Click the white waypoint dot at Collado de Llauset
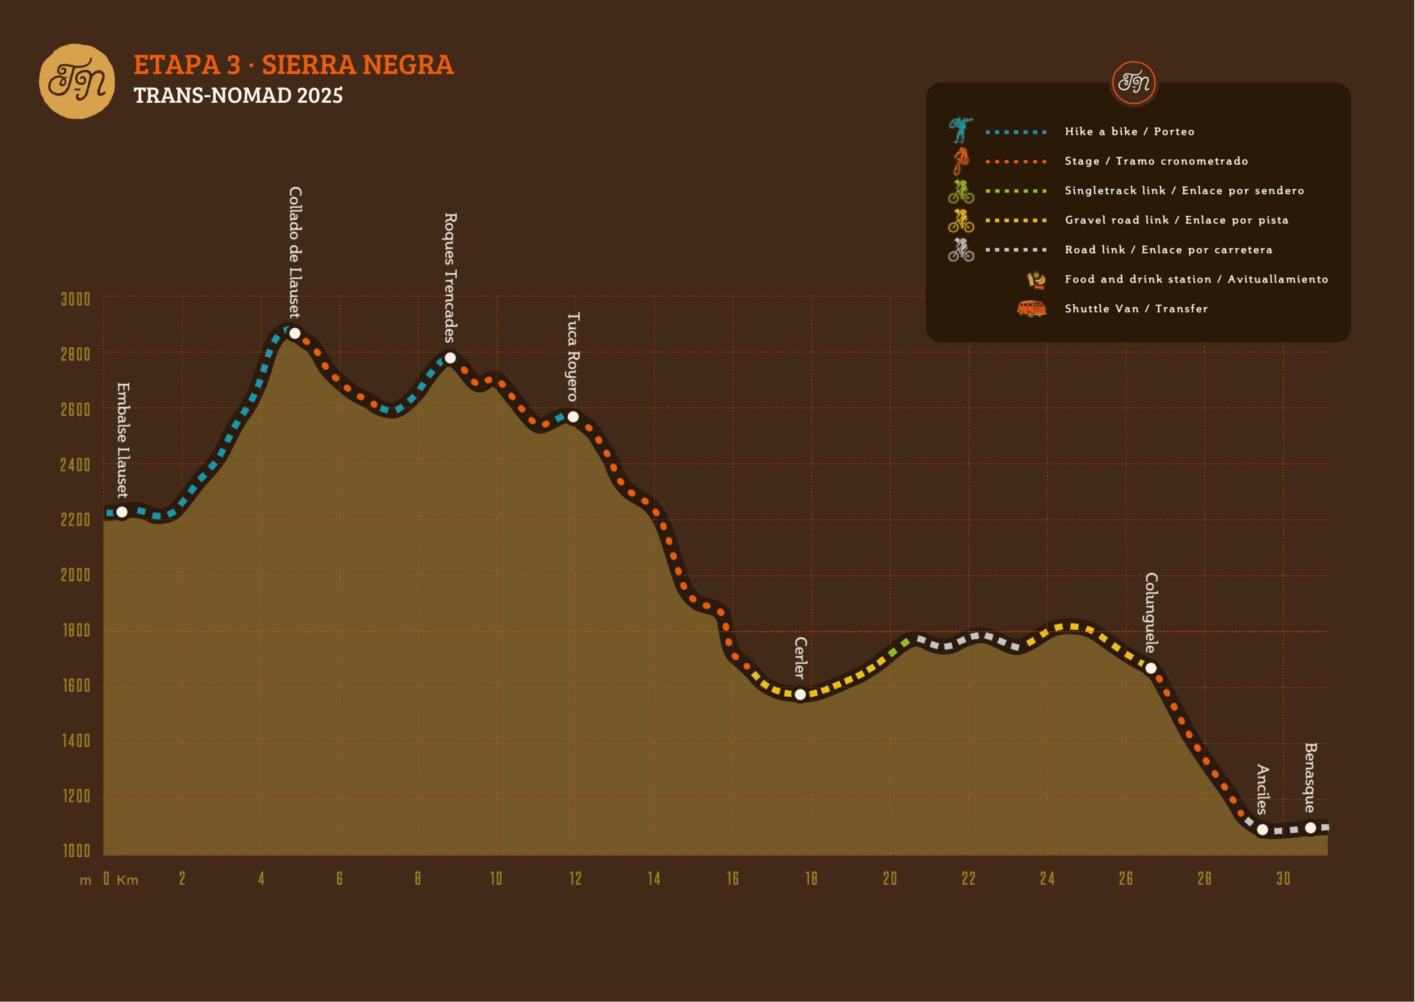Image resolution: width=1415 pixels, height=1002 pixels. coord(295,333)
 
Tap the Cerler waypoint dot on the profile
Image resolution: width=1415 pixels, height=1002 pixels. coord(800,694)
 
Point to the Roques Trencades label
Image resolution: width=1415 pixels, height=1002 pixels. coord(451,277)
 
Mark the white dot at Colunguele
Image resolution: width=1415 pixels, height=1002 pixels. coord(1151,668)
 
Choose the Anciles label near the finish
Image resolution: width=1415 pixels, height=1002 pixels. coord(1262,789)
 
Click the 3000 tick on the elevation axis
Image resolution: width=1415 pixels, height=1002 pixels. coord(75,299)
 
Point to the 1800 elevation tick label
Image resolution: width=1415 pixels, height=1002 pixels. coord(76,631)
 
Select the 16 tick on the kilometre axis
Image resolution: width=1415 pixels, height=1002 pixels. coord(733,879)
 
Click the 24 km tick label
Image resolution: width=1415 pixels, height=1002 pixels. coord(1047,879)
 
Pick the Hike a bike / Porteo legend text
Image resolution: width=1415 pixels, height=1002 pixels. coord(1130,131)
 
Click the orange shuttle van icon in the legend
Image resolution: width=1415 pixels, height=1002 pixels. coord(1031,308)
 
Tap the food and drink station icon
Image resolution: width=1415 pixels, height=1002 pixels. coord(1036,280)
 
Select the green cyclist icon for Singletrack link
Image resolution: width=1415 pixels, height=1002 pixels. coord(961,191)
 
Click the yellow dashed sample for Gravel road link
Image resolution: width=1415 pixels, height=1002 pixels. coord(1016,220)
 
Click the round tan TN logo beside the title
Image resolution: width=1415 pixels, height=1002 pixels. coord(77,81)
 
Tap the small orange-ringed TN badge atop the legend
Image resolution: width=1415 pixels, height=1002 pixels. coord(1134,83)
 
